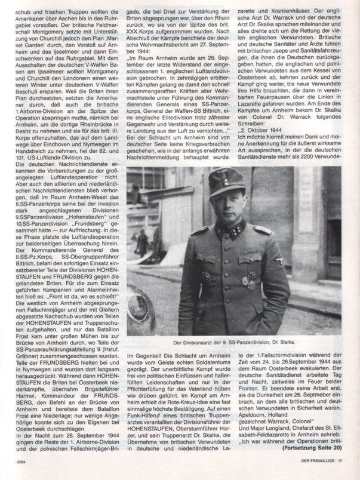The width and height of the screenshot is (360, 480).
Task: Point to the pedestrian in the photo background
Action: click(143, 242)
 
